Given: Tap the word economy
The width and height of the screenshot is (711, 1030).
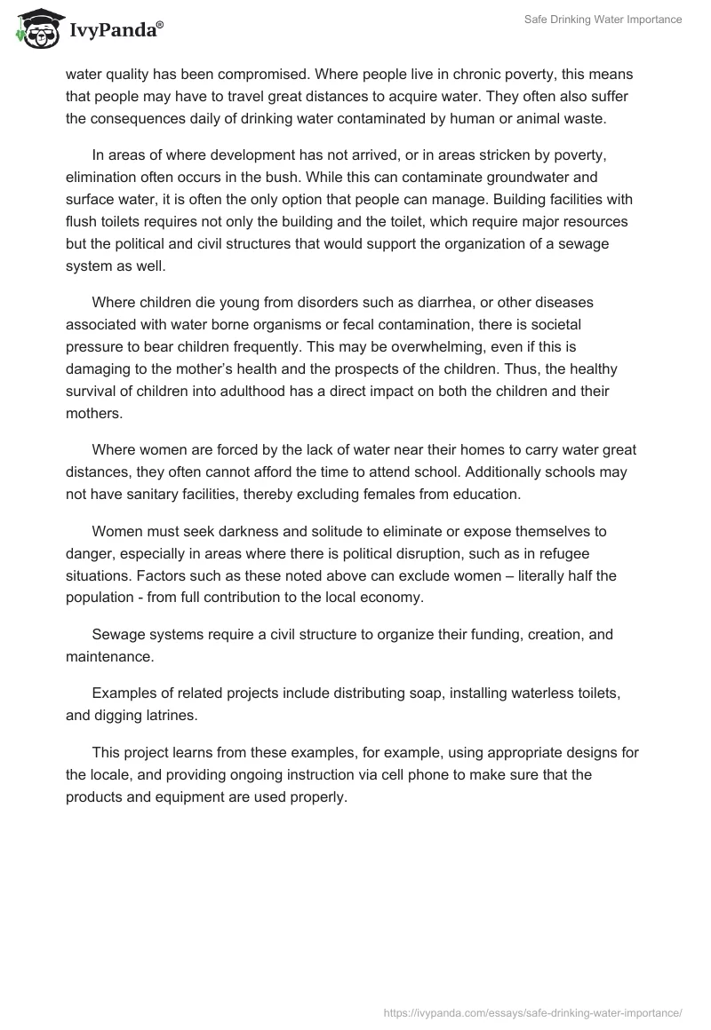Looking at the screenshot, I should pos(392,598).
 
